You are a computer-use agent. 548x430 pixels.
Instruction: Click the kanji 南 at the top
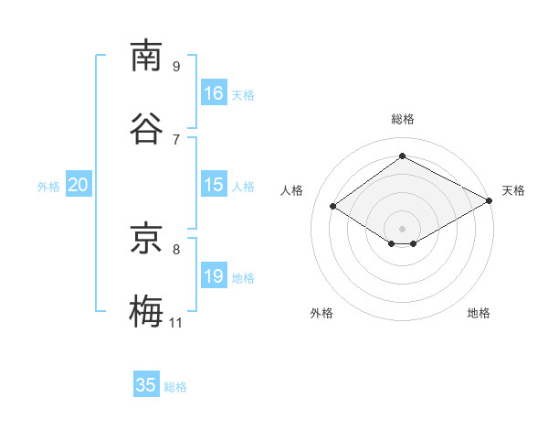(146, 55)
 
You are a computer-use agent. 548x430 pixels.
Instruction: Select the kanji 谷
(146, 128)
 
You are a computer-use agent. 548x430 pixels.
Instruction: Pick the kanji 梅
(146, 310)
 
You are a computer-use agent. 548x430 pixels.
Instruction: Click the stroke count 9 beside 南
(176, 67)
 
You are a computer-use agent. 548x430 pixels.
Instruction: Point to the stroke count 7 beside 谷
(176, 140)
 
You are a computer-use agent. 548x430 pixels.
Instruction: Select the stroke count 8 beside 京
(176, 250)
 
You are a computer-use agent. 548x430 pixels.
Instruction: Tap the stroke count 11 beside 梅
(175, 322)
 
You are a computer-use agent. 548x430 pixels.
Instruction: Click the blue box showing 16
(214, 92)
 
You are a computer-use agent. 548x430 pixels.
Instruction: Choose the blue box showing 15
(214, 184)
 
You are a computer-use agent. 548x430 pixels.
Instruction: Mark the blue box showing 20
(79, 184)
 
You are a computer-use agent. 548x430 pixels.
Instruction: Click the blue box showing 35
(146, 383)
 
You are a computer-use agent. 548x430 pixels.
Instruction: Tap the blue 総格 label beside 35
(175, 387)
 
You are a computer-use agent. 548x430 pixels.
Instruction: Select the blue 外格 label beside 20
(48, 187)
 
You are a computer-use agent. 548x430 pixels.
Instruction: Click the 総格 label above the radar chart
(403, 119)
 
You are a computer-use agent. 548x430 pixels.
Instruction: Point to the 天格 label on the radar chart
(513, 190)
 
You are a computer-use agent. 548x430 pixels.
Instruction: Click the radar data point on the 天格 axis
(490, 200)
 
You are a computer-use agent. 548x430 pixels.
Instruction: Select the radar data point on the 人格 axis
(333, 206)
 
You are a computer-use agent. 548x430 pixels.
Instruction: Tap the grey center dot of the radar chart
(402, 229)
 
